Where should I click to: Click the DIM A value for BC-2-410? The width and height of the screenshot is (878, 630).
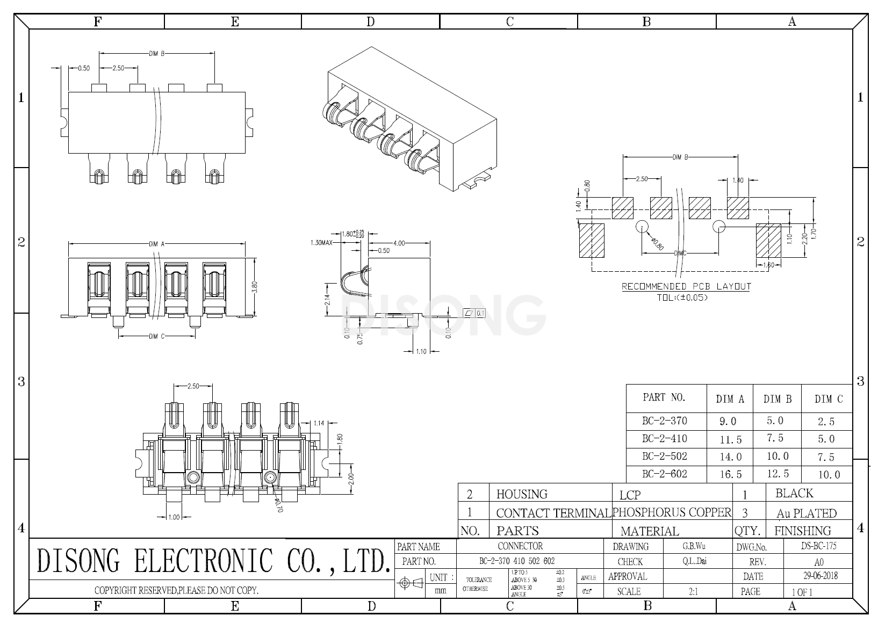click(x=730, y=439)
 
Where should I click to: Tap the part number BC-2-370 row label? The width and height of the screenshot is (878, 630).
click(x=664, y=421)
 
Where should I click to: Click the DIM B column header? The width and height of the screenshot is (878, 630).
click(x=778, y=399)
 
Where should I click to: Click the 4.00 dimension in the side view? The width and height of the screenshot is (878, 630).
click(x=399, y=243)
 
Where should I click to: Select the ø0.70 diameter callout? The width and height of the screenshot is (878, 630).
click(x=278, y=505)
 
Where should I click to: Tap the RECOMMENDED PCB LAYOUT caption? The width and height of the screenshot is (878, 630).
click(x=686, y=286)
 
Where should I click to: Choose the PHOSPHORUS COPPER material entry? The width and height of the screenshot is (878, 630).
click(x=672, y=512)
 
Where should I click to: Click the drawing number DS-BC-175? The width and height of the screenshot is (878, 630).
click(x=818, y=546)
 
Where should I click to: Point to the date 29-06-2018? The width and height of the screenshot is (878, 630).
click(x=819, y=576)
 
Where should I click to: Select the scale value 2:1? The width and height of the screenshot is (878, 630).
click(x=693, y=591)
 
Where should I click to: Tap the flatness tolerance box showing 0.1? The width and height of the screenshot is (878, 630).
click(x=474, y=313)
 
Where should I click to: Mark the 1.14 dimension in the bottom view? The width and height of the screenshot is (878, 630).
click(x=319, y=423)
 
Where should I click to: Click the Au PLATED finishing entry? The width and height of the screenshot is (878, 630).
click(x=806, y=513)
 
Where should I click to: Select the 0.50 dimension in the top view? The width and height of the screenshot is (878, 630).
click(x=84, y=68)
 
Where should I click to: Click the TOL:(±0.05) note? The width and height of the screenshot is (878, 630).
click(x=682, y=297)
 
